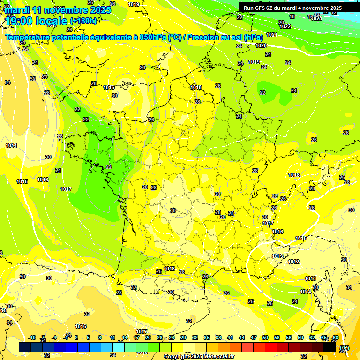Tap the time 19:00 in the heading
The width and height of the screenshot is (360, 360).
coord(22,21)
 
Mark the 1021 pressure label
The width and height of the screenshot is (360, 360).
coord(271,35)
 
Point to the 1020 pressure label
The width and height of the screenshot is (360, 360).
coord(261,45)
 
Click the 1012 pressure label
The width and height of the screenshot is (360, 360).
coord(293,262)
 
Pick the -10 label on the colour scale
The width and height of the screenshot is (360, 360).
coord(32,337)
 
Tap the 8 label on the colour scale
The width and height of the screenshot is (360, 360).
coord(100,337)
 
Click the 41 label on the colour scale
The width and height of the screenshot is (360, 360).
coord(230,337)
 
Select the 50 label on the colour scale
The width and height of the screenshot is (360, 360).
coord(265,337)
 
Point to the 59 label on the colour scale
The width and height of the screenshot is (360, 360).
coord(300,337)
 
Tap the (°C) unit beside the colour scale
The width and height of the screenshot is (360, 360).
coord(345,348)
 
